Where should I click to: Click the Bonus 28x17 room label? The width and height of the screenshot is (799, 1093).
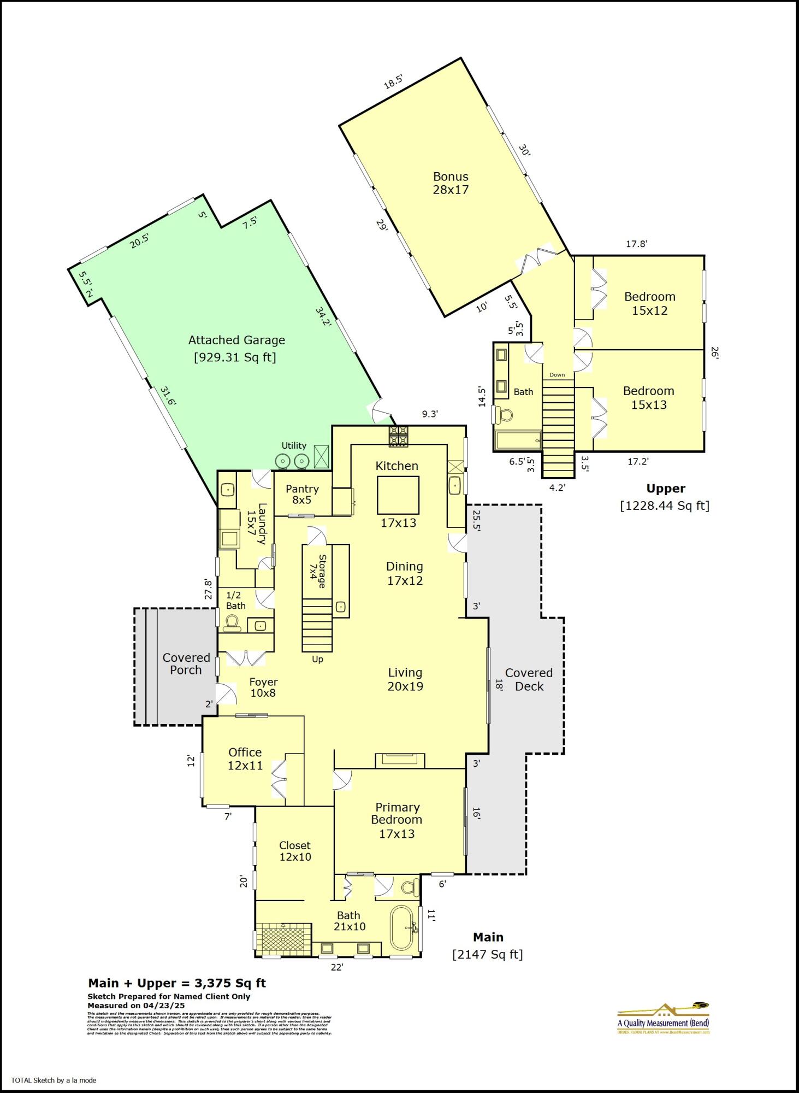[451, 183]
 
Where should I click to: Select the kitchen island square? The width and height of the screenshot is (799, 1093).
[398, 495]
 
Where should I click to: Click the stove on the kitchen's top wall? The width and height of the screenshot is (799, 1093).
[398, 436]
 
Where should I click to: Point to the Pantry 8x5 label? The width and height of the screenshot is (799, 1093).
[302, 494]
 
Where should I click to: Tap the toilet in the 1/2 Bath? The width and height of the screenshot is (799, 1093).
[232, 623]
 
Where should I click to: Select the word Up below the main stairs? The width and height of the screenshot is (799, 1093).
[317, 659]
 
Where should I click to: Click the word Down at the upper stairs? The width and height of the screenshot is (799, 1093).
[557, 375]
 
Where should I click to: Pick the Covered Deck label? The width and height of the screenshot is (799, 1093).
[529, 679]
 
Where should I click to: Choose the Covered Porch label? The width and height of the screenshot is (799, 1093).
[186, 663]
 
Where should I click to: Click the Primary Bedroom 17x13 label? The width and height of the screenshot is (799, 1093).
[397, 820]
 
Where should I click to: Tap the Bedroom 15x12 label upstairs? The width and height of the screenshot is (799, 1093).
[649, 303]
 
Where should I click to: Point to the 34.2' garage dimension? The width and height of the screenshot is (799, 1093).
[323, 316]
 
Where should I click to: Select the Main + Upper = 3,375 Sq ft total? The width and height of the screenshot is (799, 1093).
[177, 983]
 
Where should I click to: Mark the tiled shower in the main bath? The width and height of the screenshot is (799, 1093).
[283, 939]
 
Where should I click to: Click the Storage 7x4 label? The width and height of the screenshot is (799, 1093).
[318, 571]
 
